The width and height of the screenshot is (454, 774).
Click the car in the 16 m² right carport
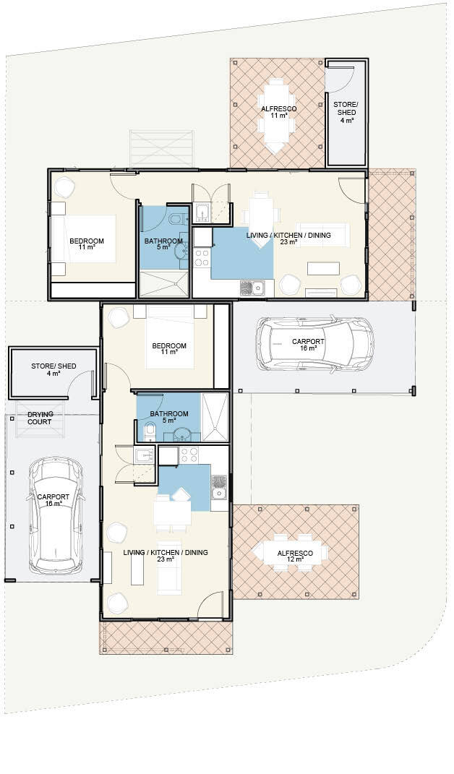(x=314, y=344)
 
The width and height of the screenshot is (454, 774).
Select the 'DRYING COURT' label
(x=40, y=418)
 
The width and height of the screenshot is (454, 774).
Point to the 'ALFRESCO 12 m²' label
(x=295, y=556)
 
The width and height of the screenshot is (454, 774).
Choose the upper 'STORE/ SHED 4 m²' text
(x=344, y=112)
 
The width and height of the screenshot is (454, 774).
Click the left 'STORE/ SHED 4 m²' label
(x=53, y=370)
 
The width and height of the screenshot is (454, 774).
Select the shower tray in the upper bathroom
(x=164, y=284)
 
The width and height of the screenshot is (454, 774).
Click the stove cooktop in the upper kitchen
(x=202, y=258)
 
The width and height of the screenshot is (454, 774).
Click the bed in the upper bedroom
(x=84, y=238)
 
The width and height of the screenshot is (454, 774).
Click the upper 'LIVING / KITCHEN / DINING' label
(x=288, y=235)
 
